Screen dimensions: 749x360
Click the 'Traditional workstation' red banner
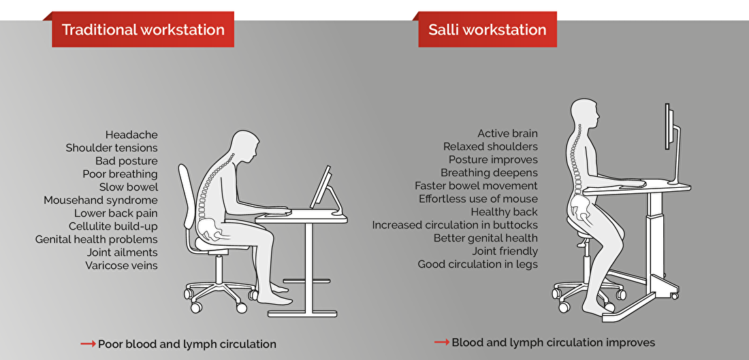click(x=143, y=29)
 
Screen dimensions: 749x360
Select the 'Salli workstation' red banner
click(x=488, y=29)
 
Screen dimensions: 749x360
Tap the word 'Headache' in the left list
click(x=131, y=135)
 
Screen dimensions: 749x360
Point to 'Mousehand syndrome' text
click(x=101, y=200)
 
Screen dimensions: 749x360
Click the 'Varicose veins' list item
click(x=121, y=265)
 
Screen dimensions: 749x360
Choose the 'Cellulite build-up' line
click(x=113, y=227)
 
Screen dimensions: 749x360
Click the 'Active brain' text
click(x=508, y=133)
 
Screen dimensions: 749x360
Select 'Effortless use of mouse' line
click(x=478, y=199)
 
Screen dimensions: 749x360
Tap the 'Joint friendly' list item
click(x=505, y=250)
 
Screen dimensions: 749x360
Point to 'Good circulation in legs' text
click(x=478, y=264)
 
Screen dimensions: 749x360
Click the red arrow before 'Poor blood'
click(x=89, y=344)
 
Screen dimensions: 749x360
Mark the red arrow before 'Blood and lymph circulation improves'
click(x=442, y=342)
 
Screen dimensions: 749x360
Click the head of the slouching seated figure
click(x=245, y=145)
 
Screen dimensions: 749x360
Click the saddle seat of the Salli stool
click(x=594, y=229)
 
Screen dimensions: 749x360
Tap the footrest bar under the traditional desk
click(x=306, y=280)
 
